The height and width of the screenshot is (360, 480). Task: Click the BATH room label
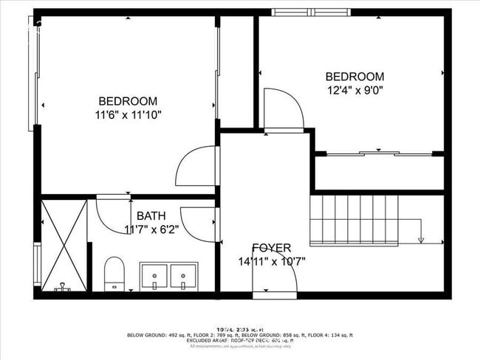151,216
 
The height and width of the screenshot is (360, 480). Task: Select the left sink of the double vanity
154,276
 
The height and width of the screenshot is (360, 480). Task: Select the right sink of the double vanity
182,276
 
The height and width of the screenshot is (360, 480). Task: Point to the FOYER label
271,248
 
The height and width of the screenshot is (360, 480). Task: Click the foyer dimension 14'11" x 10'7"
272,261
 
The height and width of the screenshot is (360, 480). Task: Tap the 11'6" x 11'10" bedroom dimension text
128,115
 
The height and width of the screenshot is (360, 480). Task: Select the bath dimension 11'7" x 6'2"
151,229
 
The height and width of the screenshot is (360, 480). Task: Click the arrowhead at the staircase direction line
421,239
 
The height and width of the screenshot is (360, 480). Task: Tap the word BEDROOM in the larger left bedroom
128,101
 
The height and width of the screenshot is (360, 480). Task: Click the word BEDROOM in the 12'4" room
355,77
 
